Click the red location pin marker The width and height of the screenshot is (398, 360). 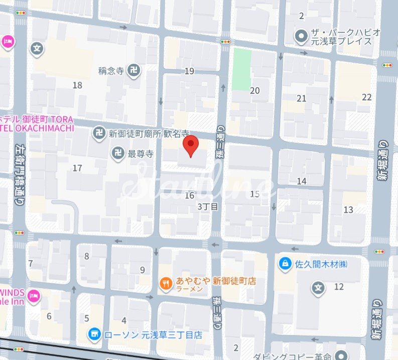point(190,146)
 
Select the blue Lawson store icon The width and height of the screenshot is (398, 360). point(94,334)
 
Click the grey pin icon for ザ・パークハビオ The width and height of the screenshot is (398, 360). point(301,36)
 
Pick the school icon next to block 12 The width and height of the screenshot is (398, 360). point(317,288)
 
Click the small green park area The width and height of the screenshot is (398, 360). point(241,69)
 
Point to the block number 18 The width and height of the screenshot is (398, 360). point(77,85)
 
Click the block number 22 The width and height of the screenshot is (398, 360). point(367,97)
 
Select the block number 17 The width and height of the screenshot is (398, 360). point(77,168)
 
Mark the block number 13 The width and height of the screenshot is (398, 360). point(348,210)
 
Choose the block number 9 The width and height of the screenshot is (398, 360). point(143,270)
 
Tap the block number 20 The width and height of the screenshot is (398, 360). point(255,90)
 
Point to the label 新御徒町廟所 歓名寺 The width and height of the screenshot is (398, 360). point(149,134)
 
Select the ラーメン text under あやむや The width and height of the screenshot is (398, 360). point(189,290)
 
